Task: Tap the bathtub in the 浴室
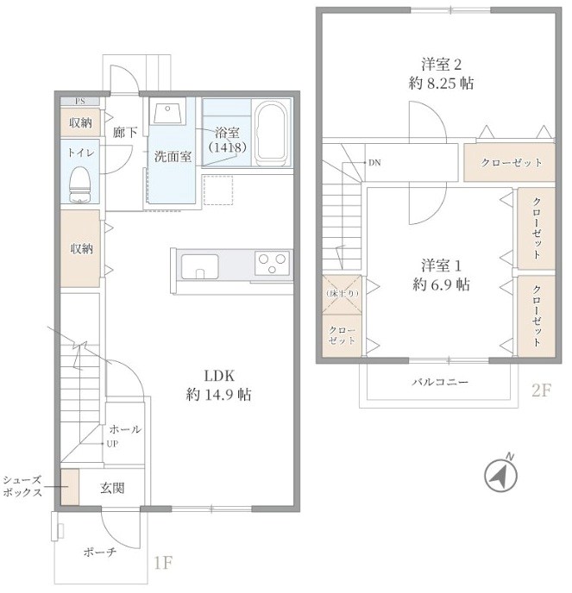click(x=272, y=133)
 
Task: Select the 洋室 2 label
click(x=442, y=73)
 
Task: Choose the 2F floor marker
click(x=540, y=390)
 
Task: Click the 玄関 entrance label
click(x=113, y=488)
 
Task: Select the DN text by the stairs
click(x=374, y=162)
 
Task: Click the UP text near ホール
click(x=112, y=444)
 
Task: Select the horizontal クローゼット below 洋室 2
click(x=512, y=163)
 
